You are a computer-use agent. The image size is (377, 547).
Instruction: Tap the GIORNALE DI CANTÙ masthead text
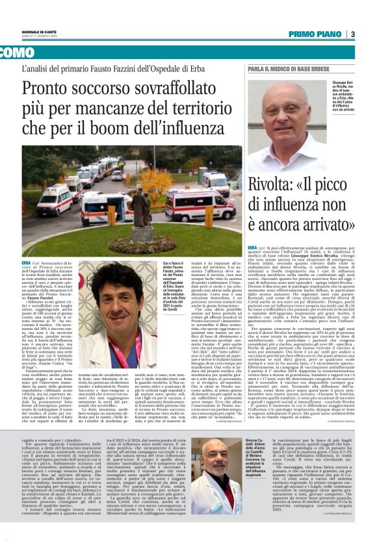coord(40,32)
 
